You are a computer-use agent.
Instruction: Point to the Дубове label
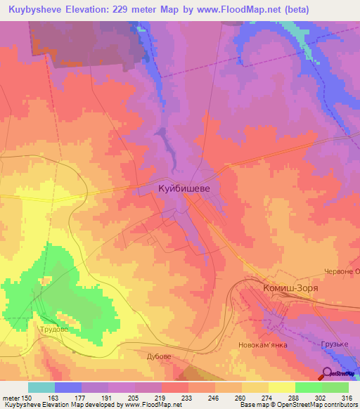pos(159,356)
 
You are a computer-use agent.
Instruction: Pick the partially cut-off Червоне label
pos(342,271)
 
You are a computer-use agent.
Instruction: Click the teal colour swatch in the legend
pos(41,387)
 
